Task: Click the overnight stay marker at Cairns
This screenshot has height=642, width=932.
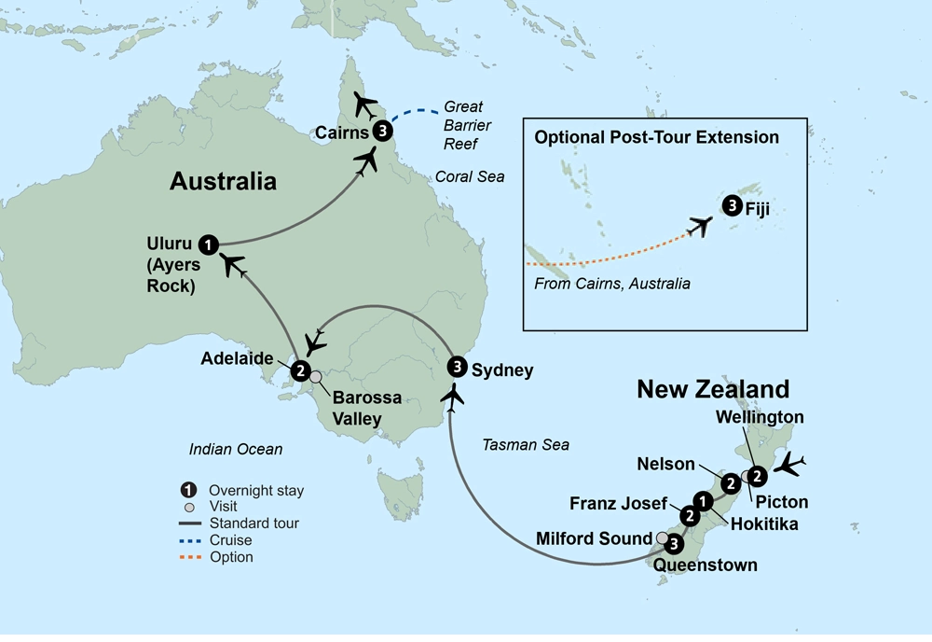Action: tap(381, 132)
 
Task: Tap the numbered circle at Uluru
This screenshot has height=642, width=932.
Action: tap(210, 244)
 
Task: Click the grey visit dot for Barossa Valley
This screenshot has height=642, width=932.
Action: tap(315, 377)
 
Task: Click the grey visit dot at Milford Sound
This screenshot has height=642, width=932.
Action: tap(662, 537)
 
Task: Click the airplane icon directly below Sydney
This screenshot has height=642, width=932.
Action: tap(455, 397)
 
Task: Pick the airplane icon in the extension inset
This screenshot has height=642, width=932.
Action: tap(699, 225)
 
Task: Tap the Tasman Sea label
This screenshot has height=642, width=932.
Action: tap(526, 445)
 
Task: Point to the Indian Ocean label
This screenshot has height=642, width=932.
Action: tap(235, 450)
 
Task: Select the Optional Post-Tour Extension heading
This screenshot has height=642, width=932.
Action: tap(656, 137)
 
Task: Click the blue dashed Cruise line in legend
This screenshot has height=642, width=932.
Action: tap(190, 540)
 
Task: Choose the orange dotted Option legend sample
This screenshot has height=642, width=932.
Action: tap(190, 557)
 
